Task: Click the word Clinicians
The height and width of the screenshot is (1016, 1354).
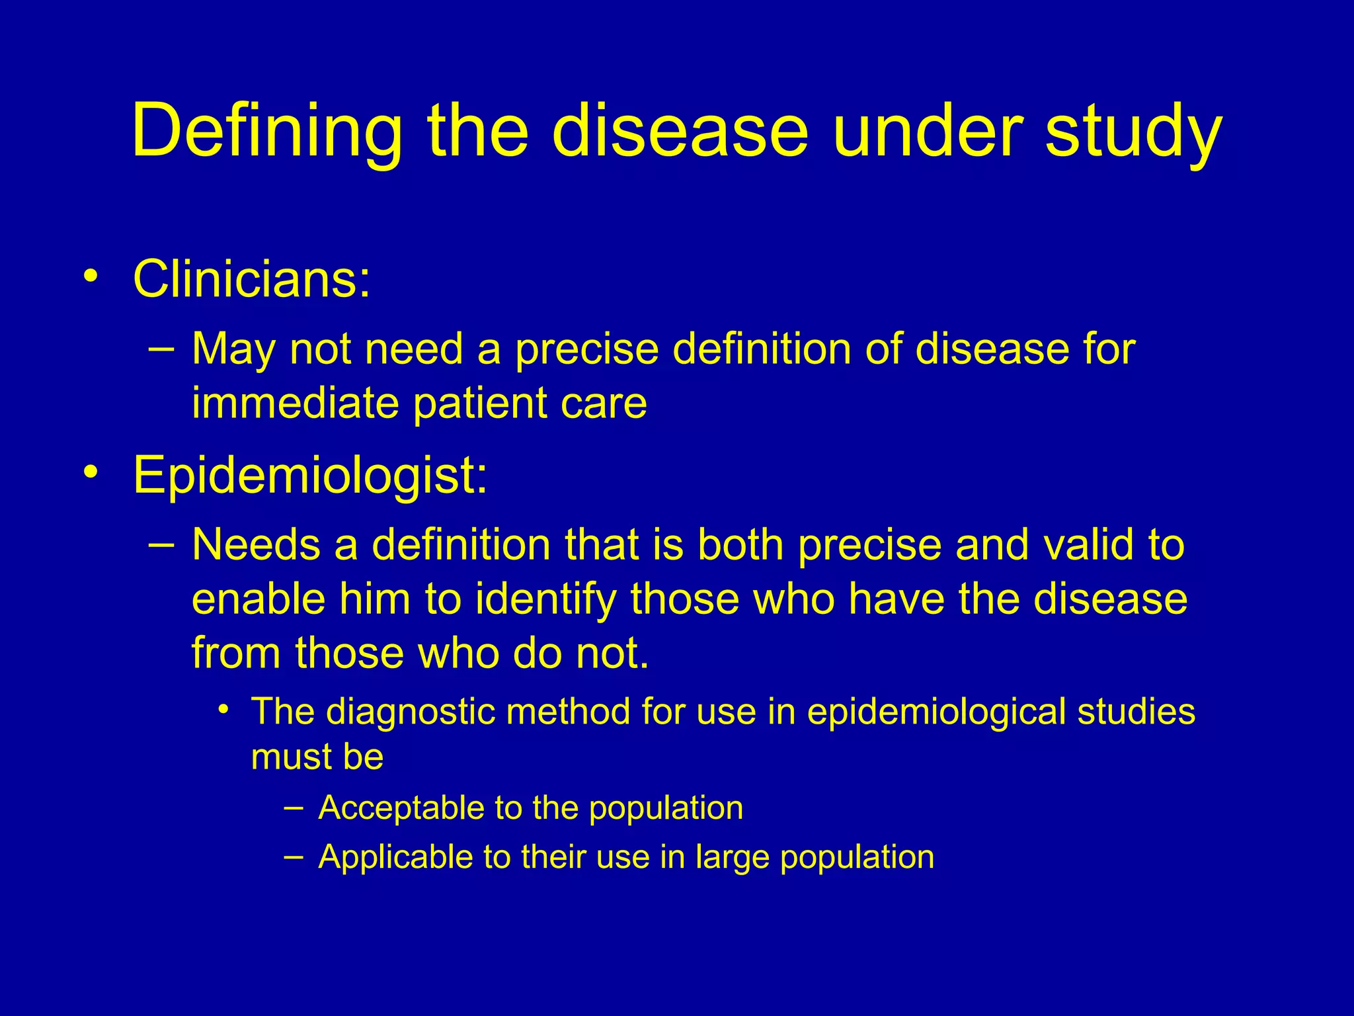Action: [x=251, y=278]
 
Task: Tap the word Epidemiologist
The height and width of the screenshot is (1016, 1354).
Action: [x=309, y=475]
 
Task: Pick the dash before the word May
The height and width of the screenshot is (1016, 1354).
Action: [x=162, y=347]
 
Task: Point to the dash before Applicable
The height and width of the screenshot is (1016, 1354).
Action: [x=294, y=855]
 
